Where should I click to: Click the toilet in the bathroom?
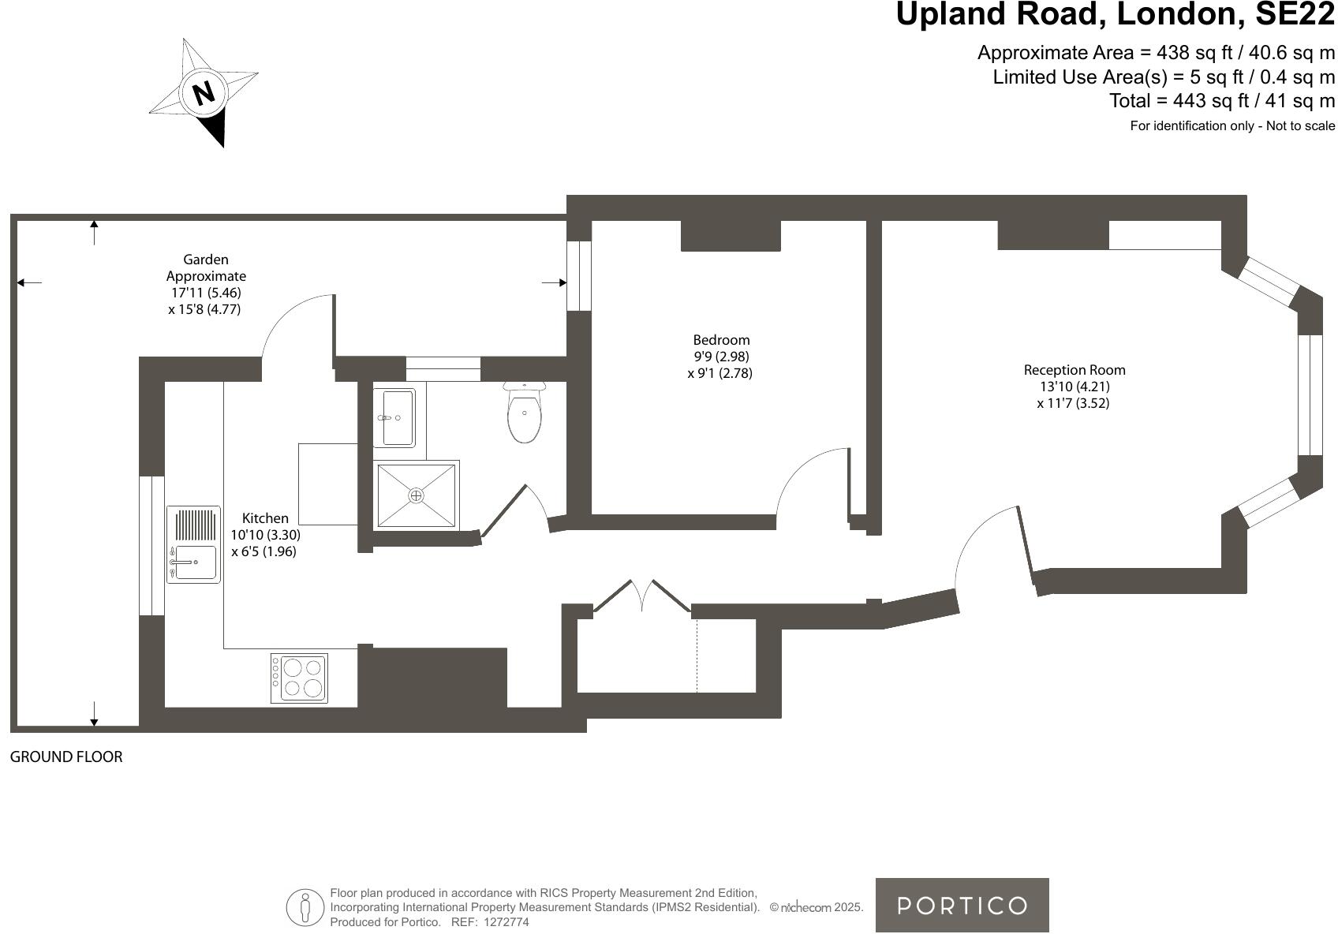click(525, 414)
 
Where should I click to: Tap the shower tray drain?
click(416, 495)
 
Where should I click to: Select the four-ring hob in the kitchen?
click(299, 678)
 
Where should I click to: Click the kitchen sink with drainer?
click(193, 544)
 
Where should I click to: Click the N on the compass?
click(204, 93)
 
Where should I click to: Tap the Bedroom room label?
click(721, 340)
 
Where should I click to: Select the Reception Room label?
click(1075, 370)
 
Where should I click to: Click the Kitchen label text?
click(265, 518)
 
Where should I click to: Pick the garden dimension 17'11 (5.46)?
click(201, 293)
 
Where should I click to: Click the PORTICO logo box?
click(962, 905)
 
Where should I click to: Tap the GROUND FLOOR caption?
click(66, 757)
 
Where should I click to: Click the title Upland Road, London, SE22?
click(1116, 15)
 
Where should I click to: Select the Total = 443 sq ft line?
click(1222, 101)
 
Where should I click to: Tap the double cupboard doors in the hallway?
click(642, 596)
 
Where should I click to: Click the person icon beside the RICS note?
click(305, 907)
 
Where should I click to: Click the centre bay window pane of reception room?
click(1310, 395)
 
